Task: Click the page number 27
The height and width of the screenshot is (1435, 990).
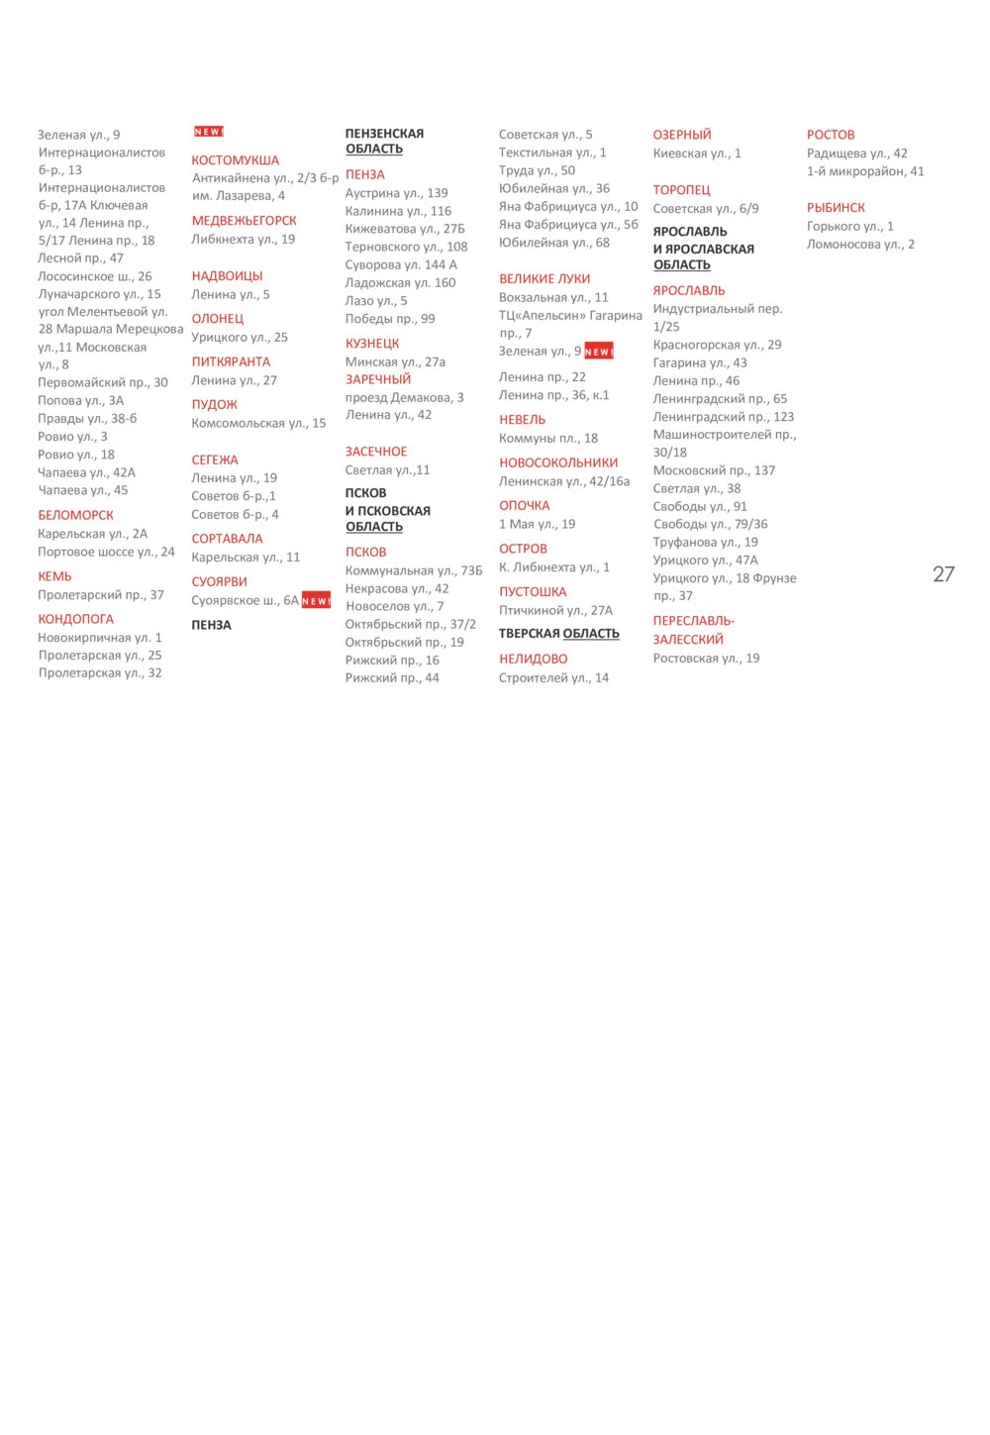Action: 942,574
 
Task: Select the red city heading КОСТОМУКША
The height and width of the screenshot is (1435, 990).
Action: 235,160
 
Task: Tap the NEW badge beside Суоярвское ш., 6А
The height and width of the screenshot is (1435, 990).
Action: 316,600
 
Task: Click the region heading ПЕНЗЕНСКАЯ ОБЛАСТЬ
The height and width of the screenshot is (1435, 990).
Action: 384,142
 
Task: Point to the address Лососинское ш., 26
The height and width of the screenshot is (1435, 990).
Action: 95,276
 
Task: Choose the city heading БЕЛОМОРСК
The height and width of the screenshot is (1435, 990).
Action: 75,515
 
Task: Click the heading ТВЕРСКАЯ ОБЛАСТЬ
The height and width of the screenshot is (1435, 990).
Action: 558,634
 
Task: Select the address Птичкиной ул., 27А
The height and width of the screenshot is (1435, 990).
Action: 555,611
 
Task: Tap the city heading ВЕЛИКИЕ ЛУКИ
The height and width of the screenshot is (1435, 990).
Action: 544,279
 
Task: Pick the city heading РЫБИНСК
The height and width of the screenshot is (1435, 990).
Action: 836,208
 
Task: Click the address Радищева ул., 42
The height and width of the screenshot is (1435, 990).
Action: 856,154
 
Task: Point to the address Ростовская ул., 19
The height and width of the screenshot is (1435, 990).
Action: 706,659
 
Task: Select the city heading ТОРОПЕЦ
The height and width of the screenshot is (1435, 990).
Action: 681,190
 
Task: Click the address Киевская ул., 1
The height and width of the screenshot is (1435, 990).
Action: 696,154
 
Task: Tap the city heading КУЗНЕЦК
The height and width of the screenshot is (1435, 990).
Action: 372,344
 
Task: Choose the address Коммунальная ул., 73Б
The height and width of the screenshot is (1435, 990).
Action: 414,570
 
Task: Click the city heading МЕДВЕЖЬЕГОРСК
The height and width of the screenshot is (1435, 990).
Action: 244,221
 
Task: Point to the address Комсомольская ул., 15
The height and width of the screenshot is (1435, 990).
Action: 258,423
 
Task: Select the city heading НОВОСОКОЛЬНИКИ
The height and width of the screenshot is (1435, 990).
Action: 557,462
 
